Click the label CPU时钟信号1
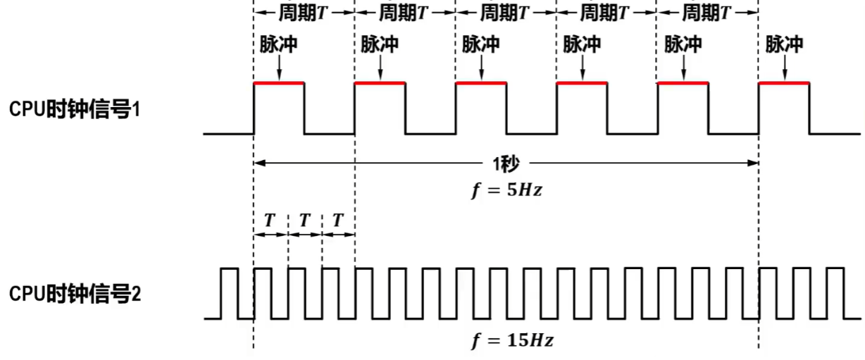pos(75,110)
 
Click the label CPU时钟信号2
pos(75,294)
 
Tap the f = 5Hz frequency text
pos(506,190)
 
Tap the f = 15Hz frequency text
pos(511,341)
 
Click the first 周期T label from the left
pos(304,13)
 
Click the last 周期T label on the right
pos(707,13)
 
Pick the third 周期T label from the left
pos(505,13)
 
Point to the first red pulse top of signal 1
pos(279,83)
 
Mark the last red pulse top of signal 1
pos(783,83)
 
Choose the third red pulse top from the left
pos(481,83)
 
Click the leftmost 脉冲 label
pos(278,44)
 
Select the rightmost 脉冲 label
pos(784,44)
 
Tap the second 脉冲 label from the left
pos(380,44)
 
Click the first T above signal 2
pos(270,220)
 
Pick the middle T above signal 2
pos(304,220)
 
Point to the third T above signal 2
pos(338,220)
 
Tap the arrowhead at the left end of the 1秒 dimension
pos(259,163)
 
